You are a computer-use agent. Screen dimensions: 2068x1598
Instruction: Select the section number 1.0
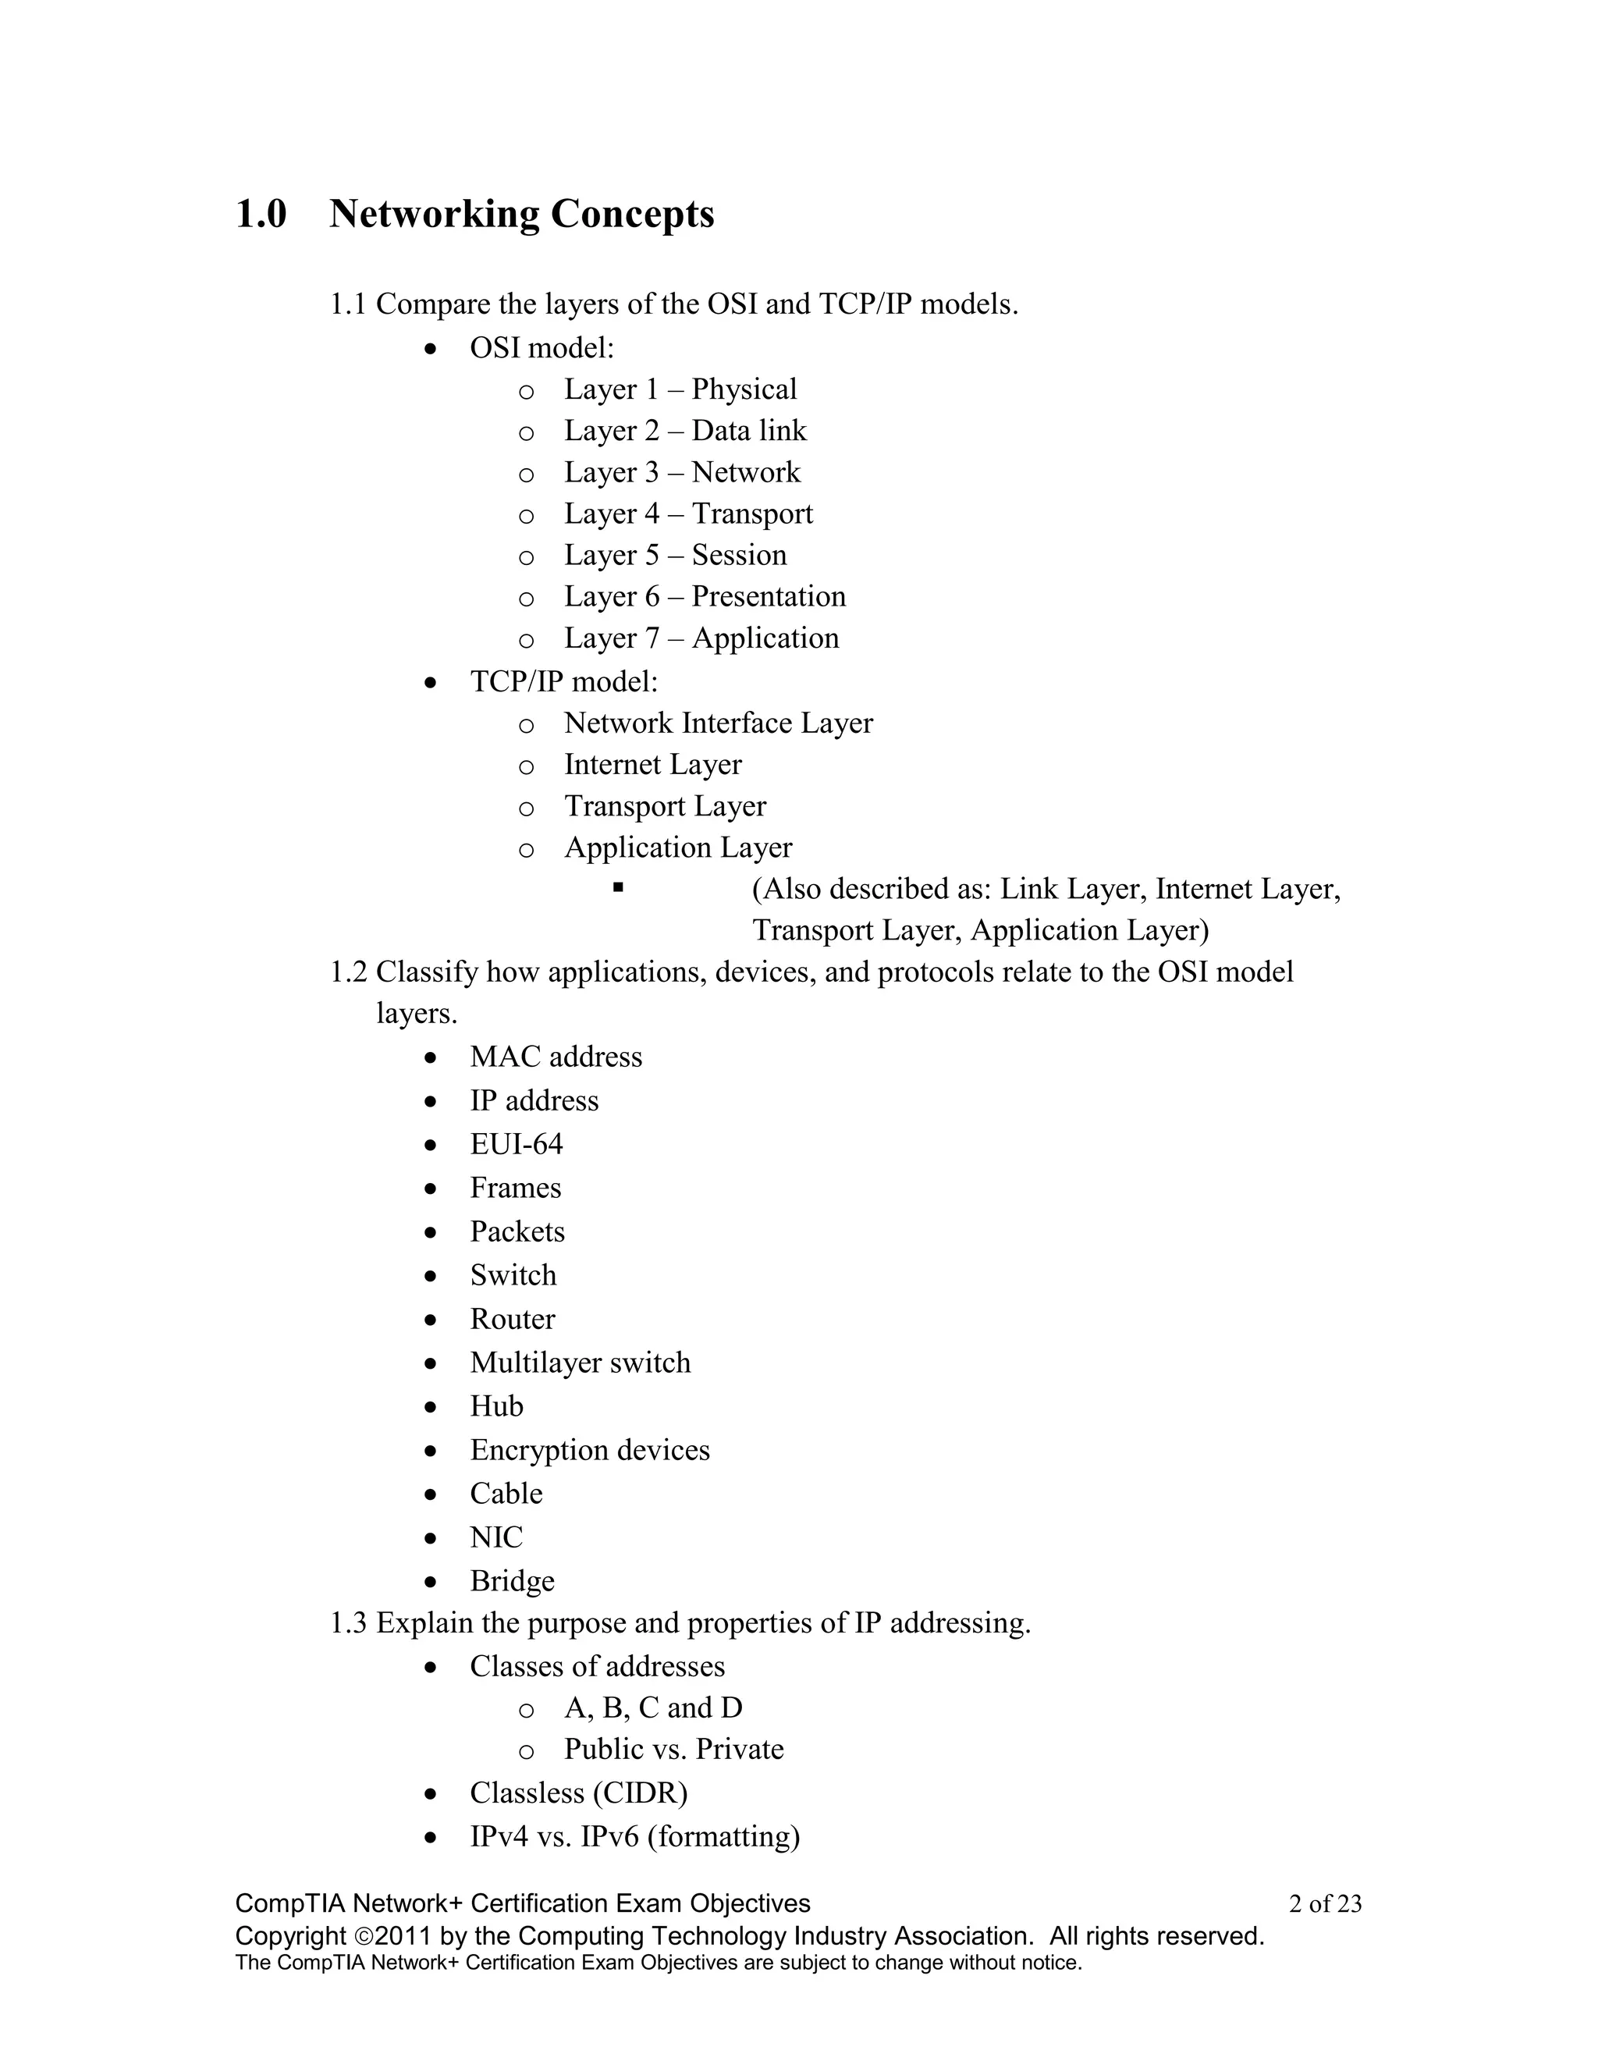(x=261, y=214)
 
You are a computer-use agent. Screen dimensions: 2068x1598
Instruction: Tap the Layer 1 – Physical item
(x=680, y=389)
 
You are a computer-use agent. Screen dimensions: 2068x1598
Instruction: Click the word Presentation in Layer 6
(x=768, y=596)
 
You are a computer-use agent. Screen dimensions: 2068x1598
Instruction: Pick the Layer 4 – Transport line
(x=688, y=514)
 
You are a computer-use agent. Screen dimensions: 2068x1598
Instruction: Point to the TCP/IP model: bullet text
(x=563, y=682)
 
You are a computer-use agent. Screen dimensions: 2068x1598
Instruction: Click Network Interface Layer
(x=718, y=723)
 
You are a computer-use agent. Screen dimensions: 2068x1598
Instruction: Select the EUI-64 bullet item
(x=516, y=1145)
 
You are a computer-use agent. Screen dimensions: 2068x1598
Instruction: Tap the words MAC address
(x=556, y=1057)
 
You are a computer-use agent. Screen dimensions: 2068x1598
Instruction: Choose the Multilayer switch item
(x=581, y=1363)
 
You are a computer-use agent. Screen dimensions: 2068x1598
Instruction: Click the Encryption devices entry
(x=590, y=1450)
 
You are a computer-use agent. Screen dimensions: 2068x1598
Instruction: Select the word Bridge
(x=512, y=1581)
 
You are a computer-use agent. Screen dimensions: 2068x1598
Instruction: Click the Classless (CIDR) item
(x=578, y=1793)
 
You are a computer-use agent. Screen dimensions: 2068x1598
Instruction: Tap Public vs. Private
(x=674, y=1749)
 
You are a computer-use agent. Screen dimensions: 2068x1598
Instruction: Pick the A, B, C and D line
(x=653, y=1707)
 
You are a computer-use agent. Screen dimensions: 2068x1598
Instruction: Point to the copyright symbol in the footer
(x=364, y=1936)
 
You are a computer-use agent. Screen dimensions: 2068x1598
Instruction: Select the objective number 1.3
(x=347, y=1623)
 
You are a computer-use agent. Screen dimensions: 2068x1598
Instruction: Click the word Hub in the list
(x=496, y=1406)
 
